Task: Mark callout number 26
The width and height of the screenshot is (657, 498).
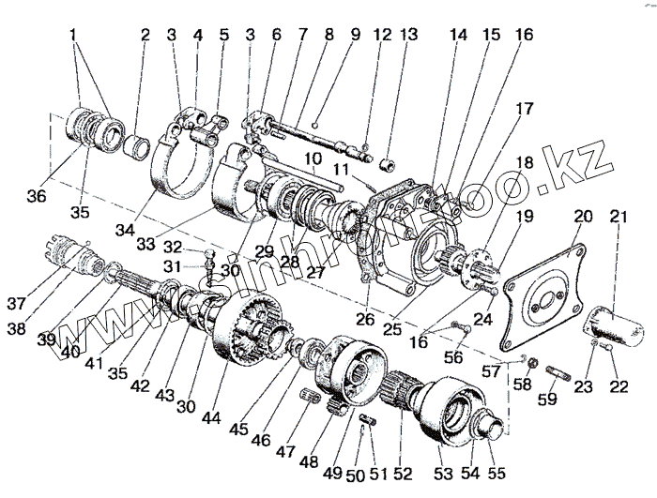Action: point(363,318)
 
